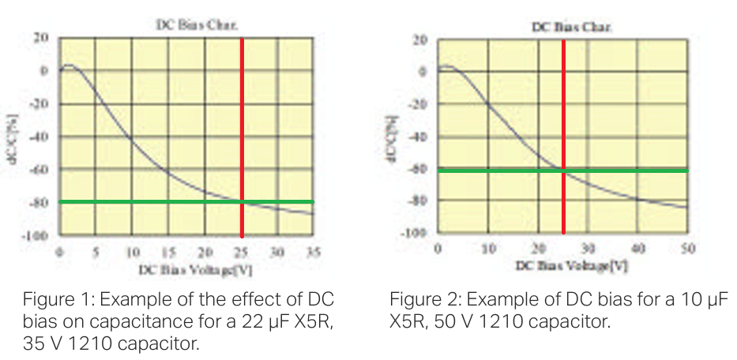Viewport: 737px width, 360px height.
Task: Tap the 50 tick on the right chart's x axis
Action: click(688, 249)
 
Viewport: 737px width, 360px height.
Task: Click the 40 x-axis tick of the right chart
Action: click(637, 249)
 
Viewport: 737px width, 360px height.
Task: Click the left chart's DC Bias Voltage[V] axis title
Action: click(196, 269)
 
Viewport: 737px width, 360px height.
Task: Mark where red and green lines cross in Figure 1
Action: click(242, 202)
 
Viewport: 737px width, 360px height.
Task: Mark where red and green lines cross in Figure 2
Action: click(563, 171)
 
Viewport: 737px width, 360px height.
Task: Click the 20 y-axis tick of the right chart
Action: click(421, 39)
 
